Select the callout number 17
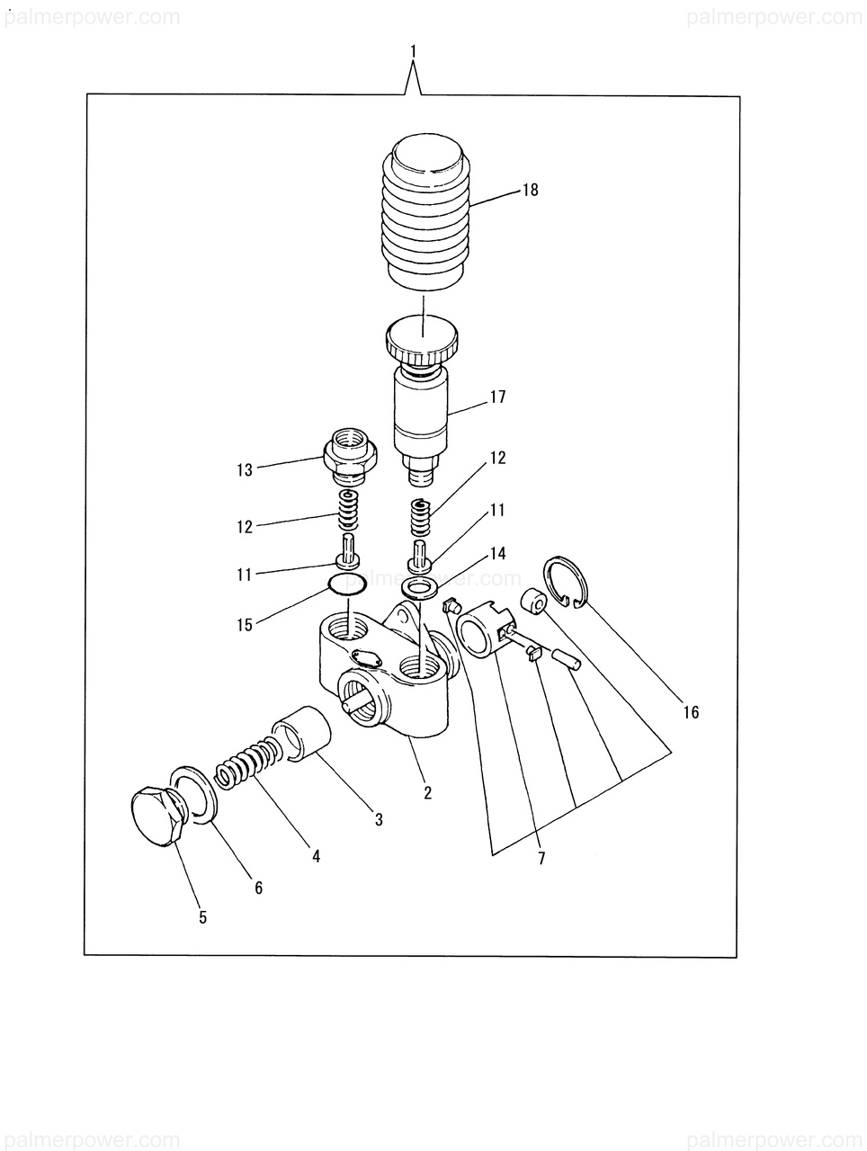[498, 397]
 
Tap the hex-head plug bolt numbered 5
[155, 816]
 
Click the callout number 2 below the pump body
[428, 792]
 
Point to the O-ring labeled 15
[346, 585]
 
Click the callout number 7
[541, 858]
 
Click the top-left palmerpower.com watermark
[90, 17]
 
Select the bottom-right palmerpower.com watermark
[773, 1136]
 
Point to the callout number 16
[690, 713]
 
